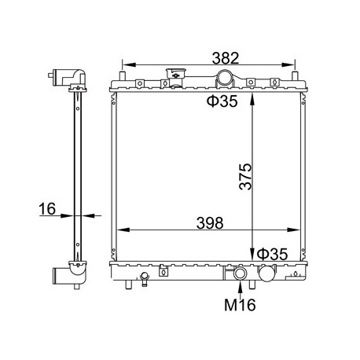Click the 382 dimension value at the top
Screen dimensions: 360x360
(226, 58)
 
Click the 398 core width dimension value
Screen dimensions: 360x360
(210, 223)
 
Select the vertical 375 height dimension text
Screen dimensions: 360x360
(245, 176)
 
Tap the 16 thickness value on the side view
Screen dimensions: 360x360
(47, 209)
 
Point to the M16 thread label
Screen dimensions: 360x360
(240, 305)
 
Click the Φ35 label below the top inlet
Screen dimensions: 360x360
(222, 101)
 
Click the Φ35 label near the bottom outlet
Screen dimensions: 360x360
(272, 254)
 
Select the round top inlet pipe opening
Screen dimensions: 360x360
(224, 78)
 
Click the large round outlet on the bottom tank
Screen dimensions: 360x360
(266, 274)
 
